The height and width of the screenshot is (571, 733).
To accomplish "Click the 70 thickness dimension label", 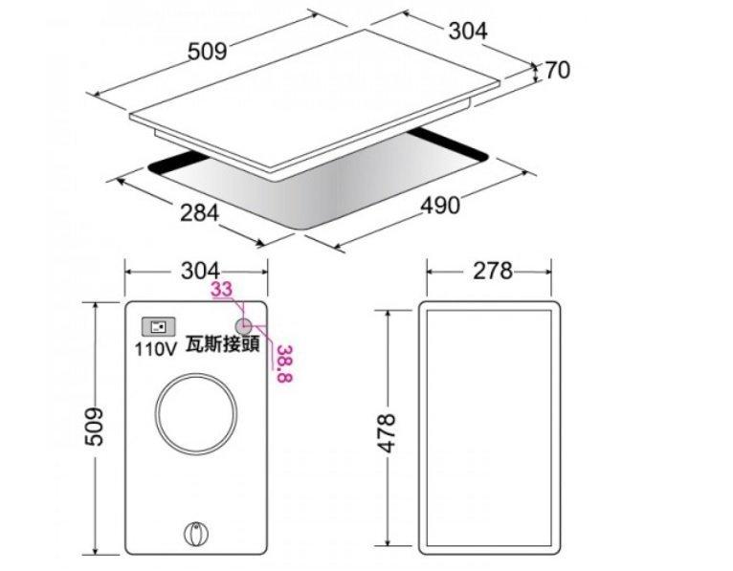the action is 558,70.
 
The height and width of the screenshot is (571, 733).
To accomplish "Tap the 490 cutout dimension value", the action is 440,206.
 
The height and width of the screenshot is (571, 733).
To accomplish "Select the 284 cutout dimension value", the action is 200,212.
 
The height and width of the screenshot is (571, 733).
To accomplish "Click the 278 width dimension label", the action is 493,271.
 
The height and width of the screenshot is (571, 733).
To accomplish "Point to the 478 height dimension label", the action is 387,433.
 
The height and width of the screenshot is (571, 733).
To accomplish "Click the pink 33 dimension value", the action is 222,289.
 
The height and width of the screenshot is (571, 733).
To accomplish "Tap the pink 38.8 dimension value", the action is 284,363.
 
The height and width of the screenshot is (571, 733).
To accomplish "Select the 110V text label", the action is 156,348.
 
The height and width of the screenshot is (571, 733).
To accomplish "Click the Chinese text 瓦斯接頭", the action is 223,344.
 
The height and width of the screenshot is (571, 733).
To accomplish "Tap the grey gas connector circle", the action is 244,325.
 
